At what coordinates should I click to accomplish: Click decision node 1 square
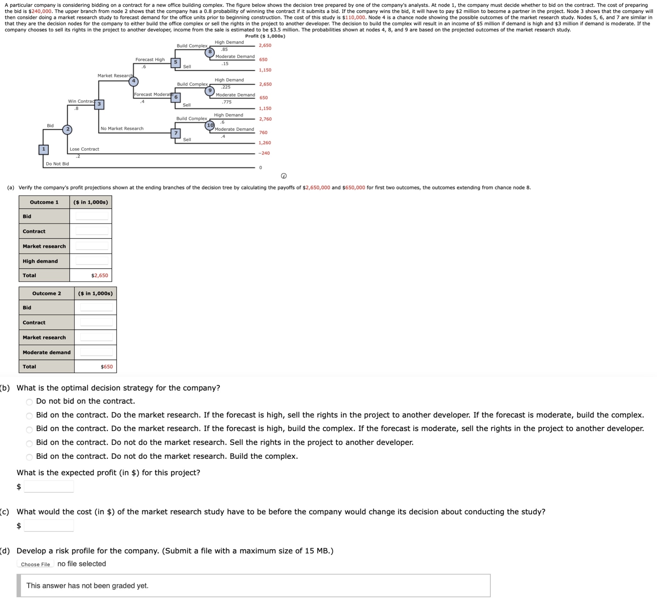click(x=43, y=149)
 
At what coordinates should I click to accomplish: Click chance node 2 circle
click(x=68, y=129)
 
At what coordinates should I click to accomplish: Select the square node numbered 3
click(x=99, y=104)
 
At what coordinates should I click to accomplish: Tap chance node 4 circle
click(x=134, y=81)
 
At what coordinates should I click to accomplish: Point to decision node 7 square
click(x=176, y=133)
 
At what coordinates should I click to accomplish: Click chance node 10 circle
click(x=210, y=125)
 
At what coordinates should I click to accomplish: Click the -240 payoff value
click(x=264, y=153)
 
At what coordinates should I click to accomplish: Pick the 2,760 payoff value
click(x=265, y=119)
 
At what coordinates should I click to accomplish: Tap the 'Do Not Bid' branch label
click(x=57, y=164)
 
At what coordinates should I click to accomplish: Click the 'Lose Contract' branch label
click(x=84, y=149)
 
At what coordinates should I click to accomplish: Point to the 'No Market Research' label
click(x=122, y=128)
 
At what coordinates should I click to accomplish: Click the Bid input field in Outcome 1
click(x=92, y=216)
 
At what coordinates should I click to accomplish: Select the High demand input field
click(x=92, y=261)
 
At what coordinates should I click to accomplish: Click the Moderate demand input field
click(x=96, y=352)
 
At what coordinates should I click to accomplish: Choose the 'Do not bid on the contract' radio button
click(x=30, y=402)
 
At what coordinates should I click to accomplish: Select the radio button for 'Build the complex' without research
click(x=30, y=457)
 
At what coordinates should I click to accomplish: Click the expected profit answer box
click(x=49, y=486)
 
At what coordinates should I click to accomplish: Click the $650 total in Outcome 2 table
click(x=106, y=366)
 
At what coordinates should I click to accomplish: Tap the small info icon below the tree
click(x=284, y=176)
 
